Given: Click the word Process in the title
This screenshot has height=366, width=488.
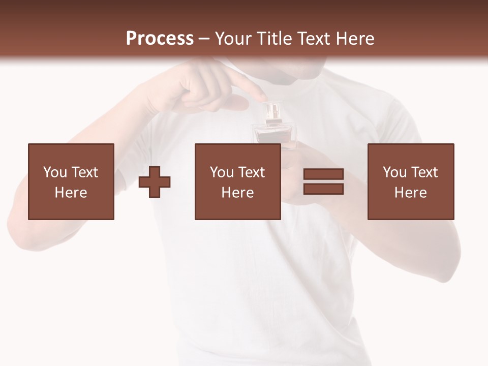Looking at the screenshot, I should coord(160,39).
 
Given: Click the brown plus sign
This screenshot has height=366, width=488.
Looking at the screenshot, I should coord(155,182).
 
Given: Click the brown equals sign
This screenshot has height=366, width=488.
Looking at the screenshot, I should coord(323,181).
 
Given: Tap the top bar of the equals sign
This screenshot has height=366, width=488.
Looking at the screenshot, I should coord(323,174).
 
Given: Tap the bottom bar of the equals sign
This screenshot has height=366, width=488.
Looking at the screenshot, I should coord(323,189).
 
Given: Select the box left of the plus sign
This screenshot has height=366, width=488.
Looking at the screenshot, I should coord(71,181).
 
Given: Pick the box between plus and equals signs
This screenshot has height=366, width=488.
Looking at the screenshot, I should coord(237,181).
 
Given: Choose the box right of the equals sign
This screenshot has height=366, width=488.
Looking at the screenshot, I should coord(411,181).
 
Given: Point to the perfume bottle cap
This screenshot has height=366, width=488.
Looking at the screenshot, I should coord(273,110).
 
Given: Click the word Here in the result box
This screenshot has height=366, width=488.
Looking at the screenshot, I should coord(410,193).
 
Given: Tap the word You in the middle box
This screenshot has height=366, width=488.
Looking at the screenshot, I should coord(222,172).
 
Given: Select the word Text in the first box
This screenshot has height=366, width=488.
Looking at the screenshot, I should coord(85,172).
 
